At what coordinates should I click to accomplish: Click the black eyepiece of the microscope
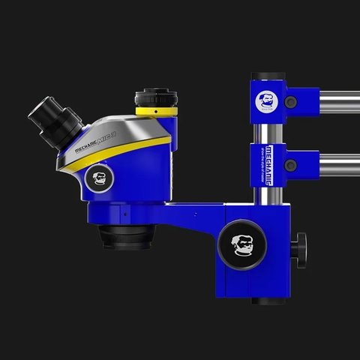pyautogui.click(x=52, y=117)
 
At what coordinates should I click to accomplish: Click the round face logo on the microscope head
pyautogui.click(x=100, y=178)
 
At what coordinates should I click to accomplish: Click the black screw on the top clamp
pyautogui.click(x=291, y=102)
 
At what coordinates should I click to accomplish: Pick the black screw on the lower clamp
pyautogui.click(x=291, y=165)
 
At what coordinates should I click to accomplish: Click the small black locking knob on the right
pyautogui.click(x=301, y=244)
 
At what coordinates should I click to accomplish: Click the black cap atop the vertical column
pyautogui.click(x=267, y=76)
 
